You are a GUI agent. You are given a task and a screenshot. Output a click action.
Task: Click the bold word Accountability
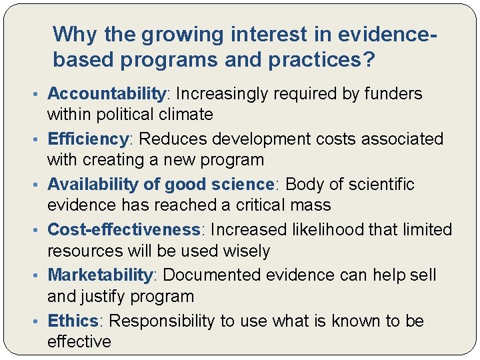point(106,94)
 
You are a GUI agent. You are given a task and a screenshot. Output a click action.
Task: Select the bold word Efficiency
point(88,139)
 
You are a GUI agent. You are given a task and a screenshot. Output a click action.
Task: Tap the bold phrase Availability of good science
point(161,184)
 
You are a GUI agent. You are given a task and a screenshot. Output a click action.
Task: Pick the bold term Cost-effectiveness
point(124,229)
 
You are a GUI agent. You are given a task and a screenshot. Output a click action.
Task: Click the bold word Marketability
point(101,275)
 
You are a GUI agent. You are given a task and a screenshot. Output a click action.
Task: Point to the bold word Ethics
point(73,321)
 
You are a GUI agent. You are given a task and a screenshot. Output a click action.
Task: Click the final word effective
point(79,341)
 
